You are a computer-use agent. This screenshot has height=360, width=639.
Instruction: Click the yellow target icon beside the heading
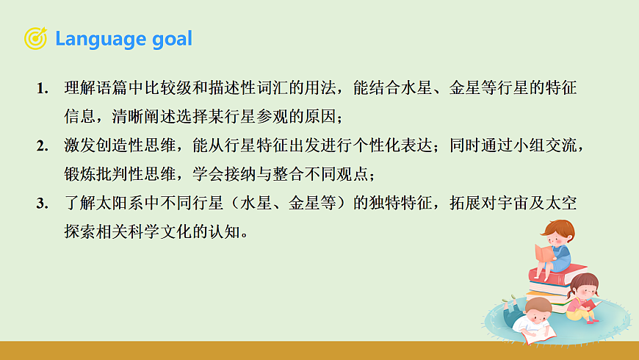click(35, 38)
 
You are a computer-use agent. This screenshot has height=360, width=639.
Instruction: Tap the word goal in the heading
click(170, 38)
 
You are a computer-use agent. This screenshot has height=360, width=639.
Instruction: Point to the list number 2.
click(42, 146)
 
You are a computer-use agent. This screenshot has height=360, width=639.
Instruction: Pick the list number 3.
click(42, 204)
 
